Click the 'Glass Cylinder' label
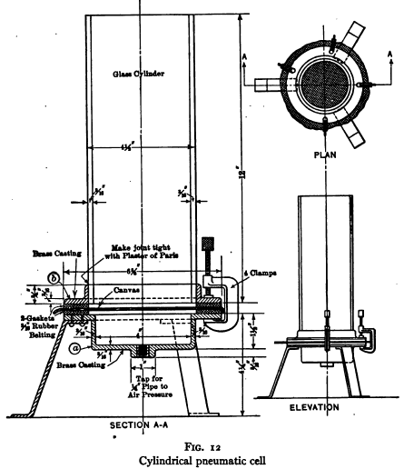[x=138, y=73]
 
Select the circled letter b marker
[x=55, y=277]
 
